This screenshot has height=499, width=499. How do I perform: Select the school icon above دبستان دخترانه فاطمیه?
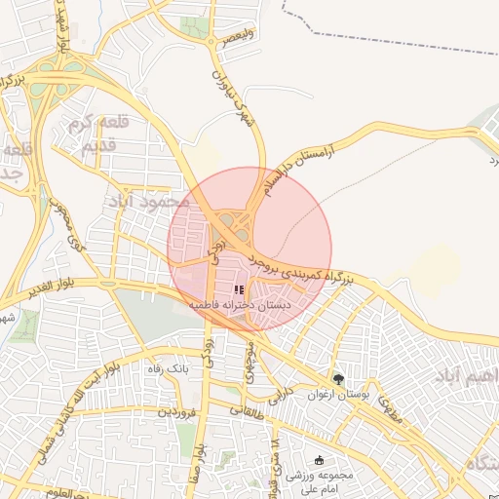[x=240, y=290]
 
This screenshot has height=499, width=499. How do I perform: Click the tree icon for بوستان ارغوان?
[x=338, y=379]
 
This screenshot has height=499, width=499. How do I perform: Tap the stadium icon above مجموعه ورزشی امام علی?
[x=319, y=460]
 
